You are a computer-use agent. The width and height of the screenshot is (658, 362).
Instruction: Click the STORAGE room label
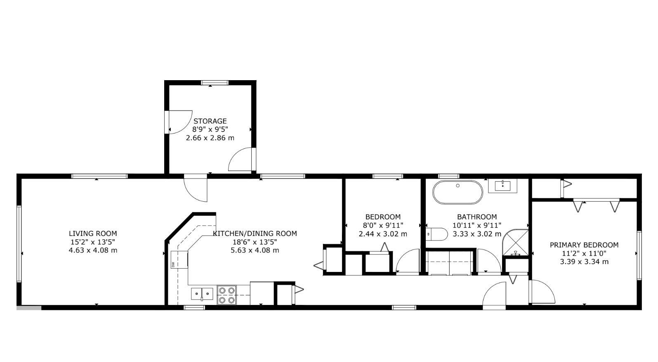[210, 121]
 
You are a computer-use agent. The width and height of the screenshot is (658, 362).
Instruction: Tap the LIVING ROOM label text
[93, 233]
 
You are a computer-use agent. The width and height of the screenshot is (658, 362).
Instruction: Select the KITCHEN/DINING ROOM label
[255, 233]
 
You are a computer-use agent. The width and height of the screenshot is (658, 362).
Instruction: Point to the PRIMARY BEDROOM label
[584, 245]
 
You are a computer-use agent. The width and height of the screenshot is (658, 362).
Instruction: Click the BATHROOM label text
[477, 217]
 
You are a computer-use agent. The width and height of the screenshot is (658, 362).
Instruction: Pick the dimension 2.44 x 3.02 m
[383, 234]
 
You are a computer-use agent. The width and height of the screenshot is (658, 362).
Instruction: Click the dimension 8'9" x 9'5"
[210, 129]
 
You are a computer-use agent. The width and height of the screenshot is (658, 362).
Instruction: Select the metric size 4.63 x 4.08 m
[93, 250]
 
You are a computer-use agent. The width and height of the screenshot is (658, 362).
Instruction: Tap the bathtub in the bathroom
[458, 192]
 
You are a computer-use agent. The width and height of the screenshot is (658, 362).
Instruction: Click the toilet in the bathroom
[437, 234]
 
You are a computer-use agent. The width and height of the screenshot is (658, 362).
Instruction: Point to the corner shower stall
[515, 243]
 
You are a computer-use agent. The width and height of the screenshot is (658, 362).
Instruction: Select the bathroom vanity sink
[502, 186]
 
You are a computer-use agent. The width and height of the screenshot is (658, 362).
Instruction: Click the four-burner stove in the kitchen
[227, 295]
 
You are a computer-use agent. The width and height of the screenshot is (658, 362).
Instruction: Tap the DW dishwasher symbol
[179, 260]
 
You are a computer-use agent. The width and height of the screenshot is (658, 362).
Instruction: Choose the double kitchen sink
[202, 294]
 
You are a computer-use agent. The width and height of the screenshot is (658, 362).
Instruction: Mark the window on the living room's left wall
[19, 244]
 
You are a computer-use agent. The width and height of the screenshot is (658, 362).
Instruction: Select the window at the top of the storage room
[215, 83]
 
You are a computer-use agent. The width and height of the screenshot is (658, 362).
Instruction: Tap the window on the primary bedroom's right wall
[639, 255]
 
